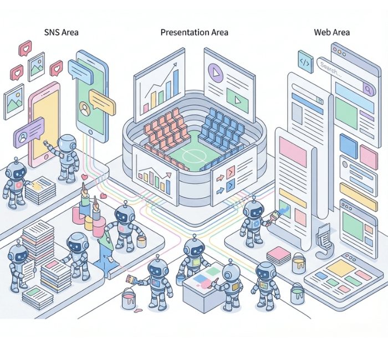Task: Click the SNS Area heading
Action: (x=61, y=32)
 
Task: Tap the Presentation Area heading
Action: (x=194, y=32)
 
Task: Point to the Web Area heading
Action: (x=331, y=32)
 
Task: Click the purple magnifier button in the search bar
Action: (x=367, y=87)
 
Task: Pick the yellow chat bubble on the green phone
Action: (x=102, y=101)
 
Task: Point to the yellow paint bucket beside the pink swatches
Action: (x=299, y=263)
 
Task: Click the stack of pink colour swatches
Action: (x=279, y=256)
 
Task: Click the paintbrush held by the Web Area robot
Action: (x=275, y=214)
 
